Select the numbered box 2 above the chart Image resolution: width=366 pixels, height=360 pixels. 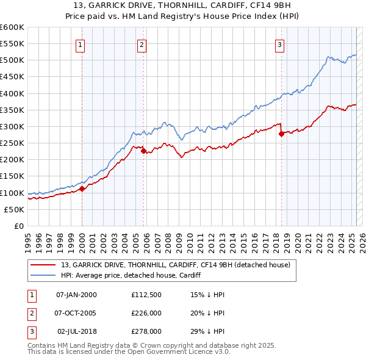(142, 44)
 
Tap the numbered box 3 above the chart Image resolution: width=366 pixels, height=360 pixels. (279, 44)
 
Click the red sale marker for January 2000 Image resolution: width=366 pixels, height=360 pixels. (82, 189)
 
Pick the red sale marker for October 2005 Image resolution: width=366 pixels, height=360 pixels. (144, 151)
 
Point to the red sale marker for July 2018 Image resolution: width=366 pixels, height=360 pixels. (281, 134)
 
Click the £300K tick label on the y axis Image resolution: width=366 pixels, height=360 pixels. (12, 126)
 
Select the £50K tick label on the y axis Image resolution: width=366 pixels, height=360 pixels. (15, 209)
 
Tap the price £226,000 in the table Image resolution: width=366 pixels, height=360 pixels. (146, 313)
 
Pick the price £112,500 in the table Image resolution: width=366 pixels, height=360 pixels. (146, 295)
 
